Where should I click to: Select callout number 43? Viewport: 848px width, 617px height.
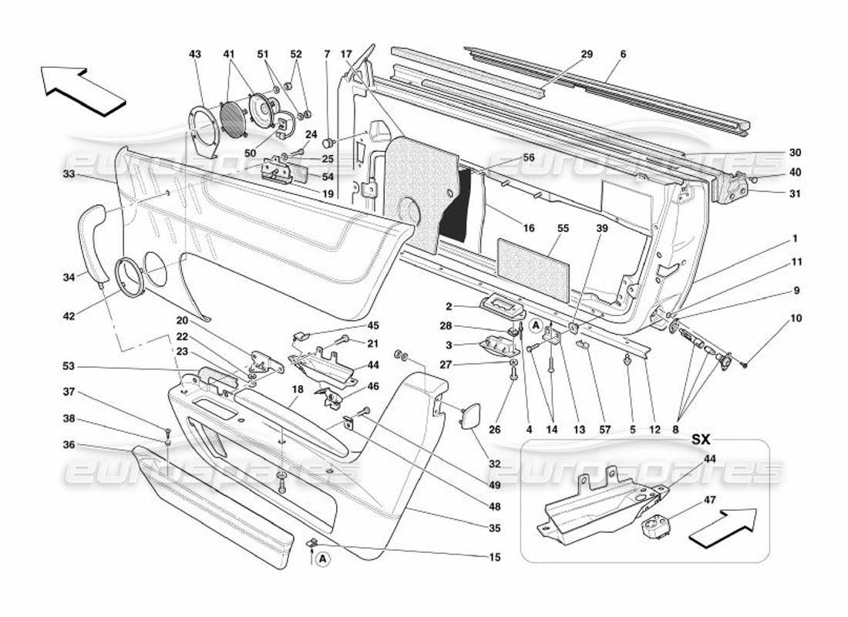click(194, 54)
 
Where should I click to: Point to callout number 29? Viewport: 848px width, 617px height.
click(587, 54)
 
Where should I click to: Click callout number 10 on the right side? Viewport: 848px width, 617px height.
click(796, 318)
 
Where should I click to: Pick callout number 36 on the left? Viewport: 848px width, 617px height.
click(69, 445)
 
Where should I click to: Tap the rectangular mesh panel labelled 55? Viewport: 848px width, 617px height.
click(533, 267)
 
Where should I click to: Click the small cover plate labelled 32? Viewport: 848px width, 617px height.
click(468, 419)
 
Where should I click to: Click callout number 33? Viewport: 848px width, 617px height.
click(69, 174)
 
